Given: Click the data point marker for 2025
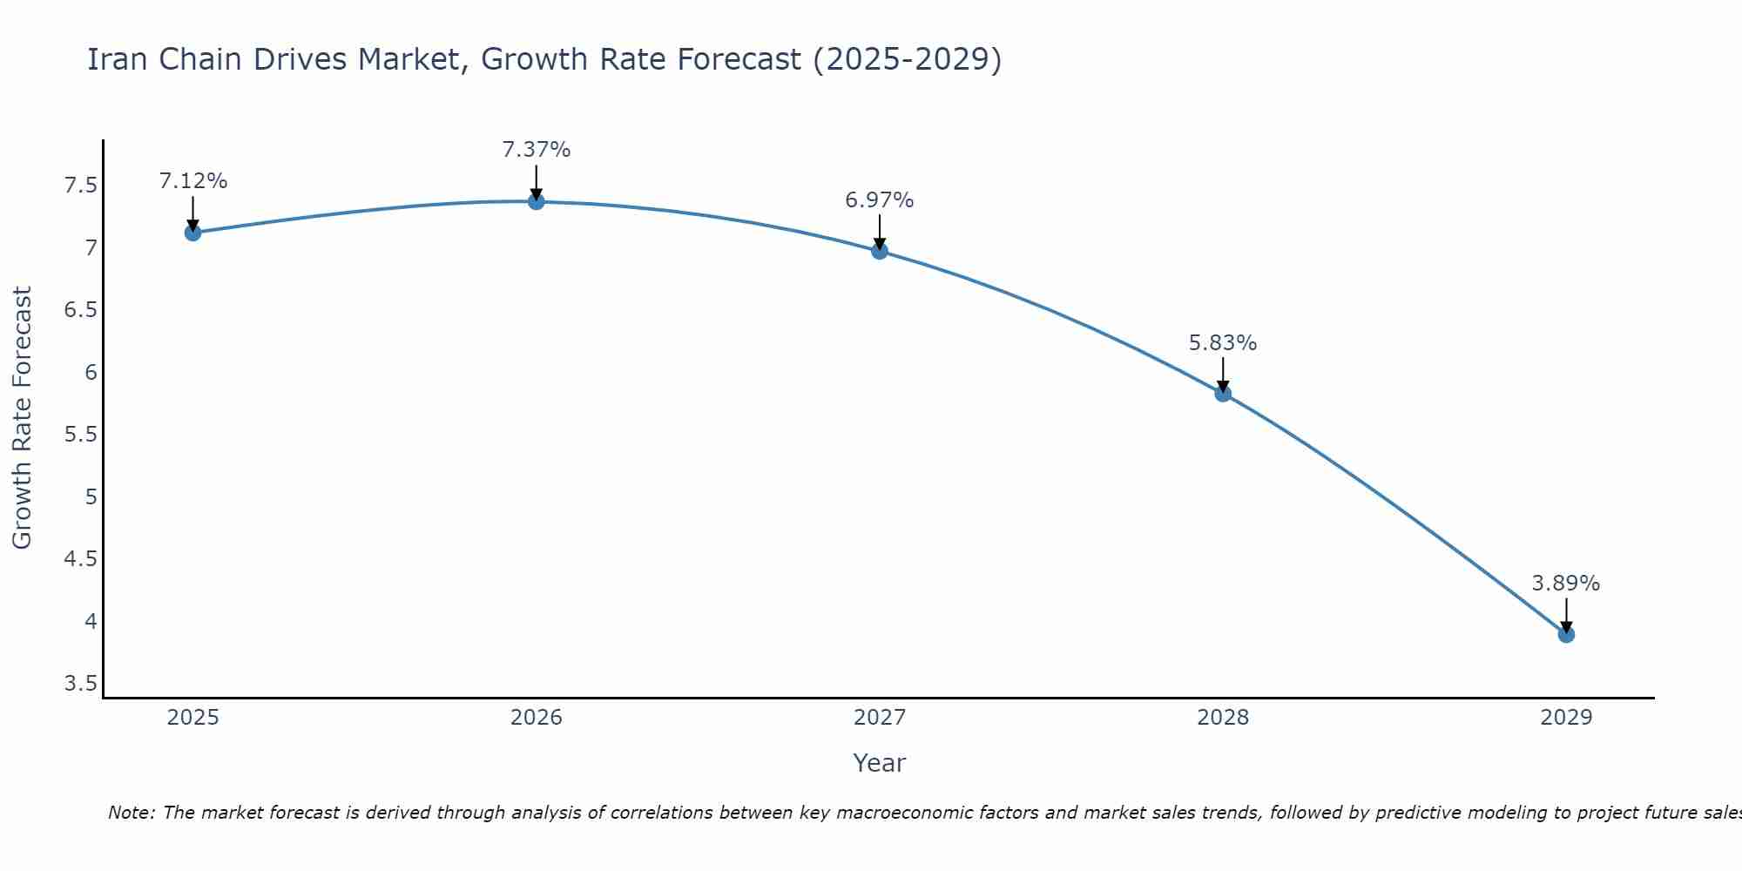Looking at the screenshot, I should tap(193, 233).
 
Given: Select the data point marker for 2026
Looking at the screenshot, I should tap(537, 201).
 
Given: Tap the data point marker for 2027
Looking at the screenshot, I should tap(880, 251).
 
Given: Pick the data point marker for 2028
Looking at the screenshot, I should tap(1223, 394).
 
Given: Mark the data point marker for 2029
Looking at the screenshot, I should tap(1566, 635).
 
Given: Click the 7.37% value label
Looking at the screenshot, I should tap(537, 150).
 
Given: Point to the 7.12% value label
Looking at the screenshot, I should tap(193, 181).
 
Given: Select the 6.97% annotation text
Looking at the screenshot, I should tap(880, 200).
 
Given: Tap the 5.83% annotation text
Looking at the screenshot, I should tap(1223, 343).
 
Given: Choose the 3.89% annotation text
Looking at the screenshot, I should tap(1566, 584).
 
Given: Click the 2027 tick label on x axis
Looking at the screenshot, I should tap(880, 718).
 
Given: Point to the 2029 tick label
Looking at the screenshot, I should tap(1566, 718).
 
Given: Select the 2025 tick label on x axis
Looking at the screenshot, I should tap(193, 718).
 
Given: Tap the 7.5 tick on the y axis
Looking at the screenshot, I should tap(80, 186).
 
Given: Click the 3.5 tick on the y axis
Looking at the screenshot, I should tap(80, 684).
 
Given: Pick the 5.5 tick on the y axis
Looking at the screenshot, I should tap(80, 435).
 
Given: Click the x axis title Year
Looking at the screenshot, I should tap(880, 763).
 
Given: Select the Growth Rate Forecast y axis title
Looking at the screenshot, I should tap(22, 418).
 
